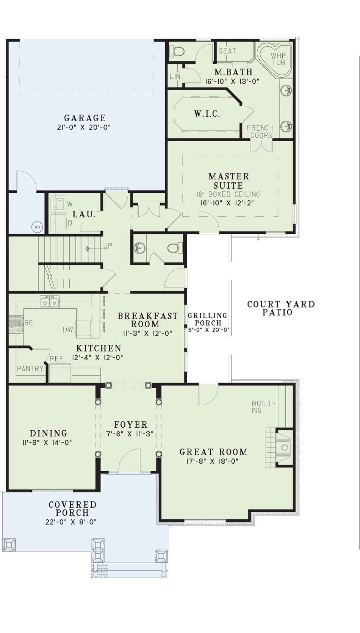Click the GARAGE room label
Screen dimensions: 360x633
85,118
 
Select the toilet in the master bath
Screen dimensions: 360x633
177,52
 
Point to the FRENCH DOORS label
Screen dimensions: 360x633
260,132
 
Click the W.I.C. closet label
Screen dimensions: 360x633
207,114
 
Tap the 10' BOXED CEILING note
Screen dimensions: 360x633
228,194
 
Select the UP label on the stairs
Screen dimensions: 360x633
108,246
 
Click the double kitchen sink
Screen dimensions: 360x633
50,302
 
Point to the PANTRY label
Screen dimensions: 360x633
30,369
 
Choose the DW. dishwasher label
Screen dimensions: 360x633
69,330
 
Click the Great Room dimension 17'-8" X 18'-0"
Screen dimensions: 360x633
212,461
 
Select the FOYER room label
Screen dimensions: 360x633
131,424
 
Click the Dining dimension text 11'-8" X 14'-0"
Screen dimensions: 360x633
47,442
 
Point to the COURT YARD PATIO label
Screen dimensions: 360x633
281,308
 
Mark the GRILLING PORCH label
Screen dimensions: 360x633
208,319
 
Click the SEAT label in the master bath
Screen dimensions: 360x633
227,51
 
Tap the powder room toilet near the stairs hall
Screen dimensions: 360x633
173,248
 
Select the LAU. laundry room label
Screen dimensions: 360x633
84,214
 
